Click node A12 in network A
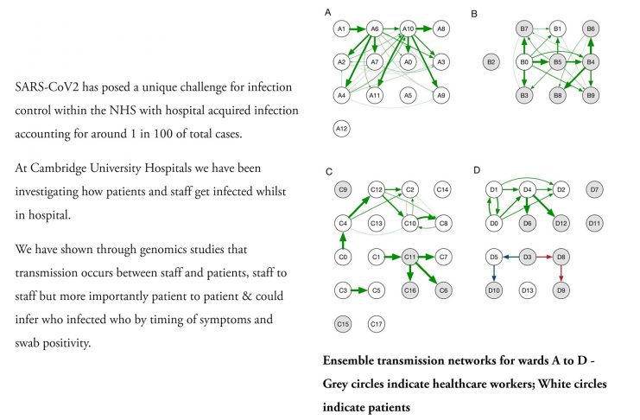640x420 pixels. click(x=341, y=129)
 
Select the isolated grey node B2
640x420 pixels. click(x=491, y=62)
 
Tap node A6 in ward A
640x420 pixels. click(x=375, y=29)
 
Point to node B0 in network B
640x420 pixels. click(x=523, y=62)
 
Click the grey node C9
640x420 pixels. click(x=341, y=189)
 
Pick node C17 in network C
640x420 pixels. click(x=375, y=324)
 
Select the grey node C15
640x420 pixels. click(x=341, y=324)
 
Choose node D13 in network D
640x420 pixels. click(x=528, y=290)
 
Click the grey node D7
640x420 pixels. click(x=593, y=189)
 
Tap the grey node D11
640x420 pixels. click(x=593, y=223)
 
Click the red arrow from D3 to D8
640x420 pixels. click(x=544, y=257)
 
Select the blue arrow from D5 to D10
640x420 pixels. click(x=494, y=273)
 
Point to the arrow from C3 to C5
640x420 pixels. click(x=358, y=290)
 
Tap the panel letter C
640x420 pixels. click(x=328, y=170)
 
